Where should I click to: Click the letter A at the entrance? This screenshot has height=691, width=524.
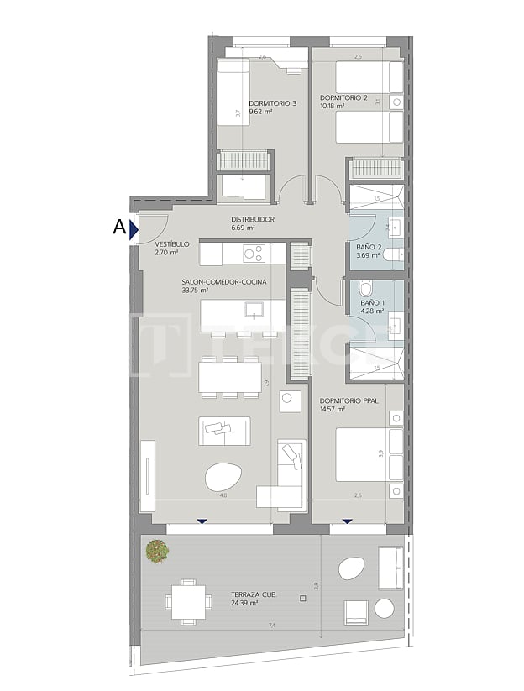[x=118, y=227]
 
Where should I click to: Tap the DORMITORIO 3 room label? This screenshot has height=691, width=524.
[x=273, y=103]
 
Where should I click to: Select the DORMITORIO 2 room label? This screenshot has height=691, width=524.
[x=344, y=98]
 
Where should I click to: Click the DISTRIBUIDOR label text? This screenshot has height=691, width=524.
[x=253, y=220]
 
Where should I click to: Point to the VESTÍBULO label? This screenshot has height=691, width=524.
[x=172, y=243]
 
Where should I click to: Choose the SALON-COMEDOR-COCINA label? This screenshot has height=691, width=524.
[x=223, y=282]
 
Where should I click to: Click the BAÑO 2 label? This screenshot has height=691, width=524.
[x=369, y=247]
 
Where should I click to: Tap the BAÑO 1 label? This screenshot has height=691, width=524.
[x=372, y=302]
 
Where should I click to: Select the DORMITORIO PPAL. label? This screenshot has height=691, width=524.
[x=349, y=401]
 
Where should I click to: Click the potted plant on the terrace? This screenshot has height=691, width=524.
[x=156, y=551]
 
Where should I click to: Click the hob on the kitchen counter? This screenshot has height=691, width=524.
[x=254, y=253]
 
